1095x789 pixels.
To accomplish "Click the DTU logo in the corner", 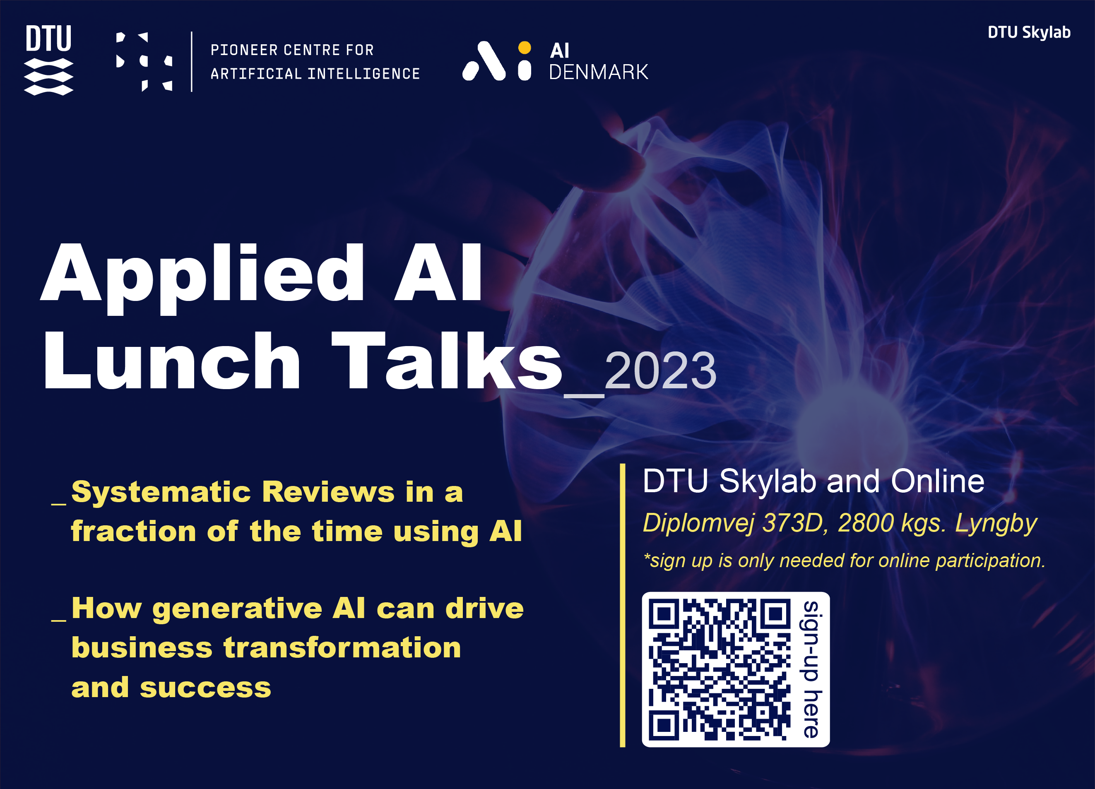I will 48,59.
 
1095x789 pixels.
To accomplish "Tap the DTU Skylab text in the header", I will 1029,32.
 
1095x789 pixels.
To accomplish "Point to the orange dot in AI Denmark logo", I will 525,47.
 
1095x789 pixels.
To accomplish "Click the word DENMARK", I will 598,72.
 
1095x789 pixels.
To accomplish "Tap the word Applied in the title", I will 203,275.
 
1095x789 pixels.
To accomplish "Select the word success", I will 205,688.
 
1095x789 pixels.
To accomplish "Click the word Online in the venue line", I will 937,481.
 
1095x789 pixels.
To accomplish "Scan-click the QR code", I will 719,670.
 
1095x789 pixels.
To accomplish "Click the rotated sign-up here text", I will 811,669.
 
